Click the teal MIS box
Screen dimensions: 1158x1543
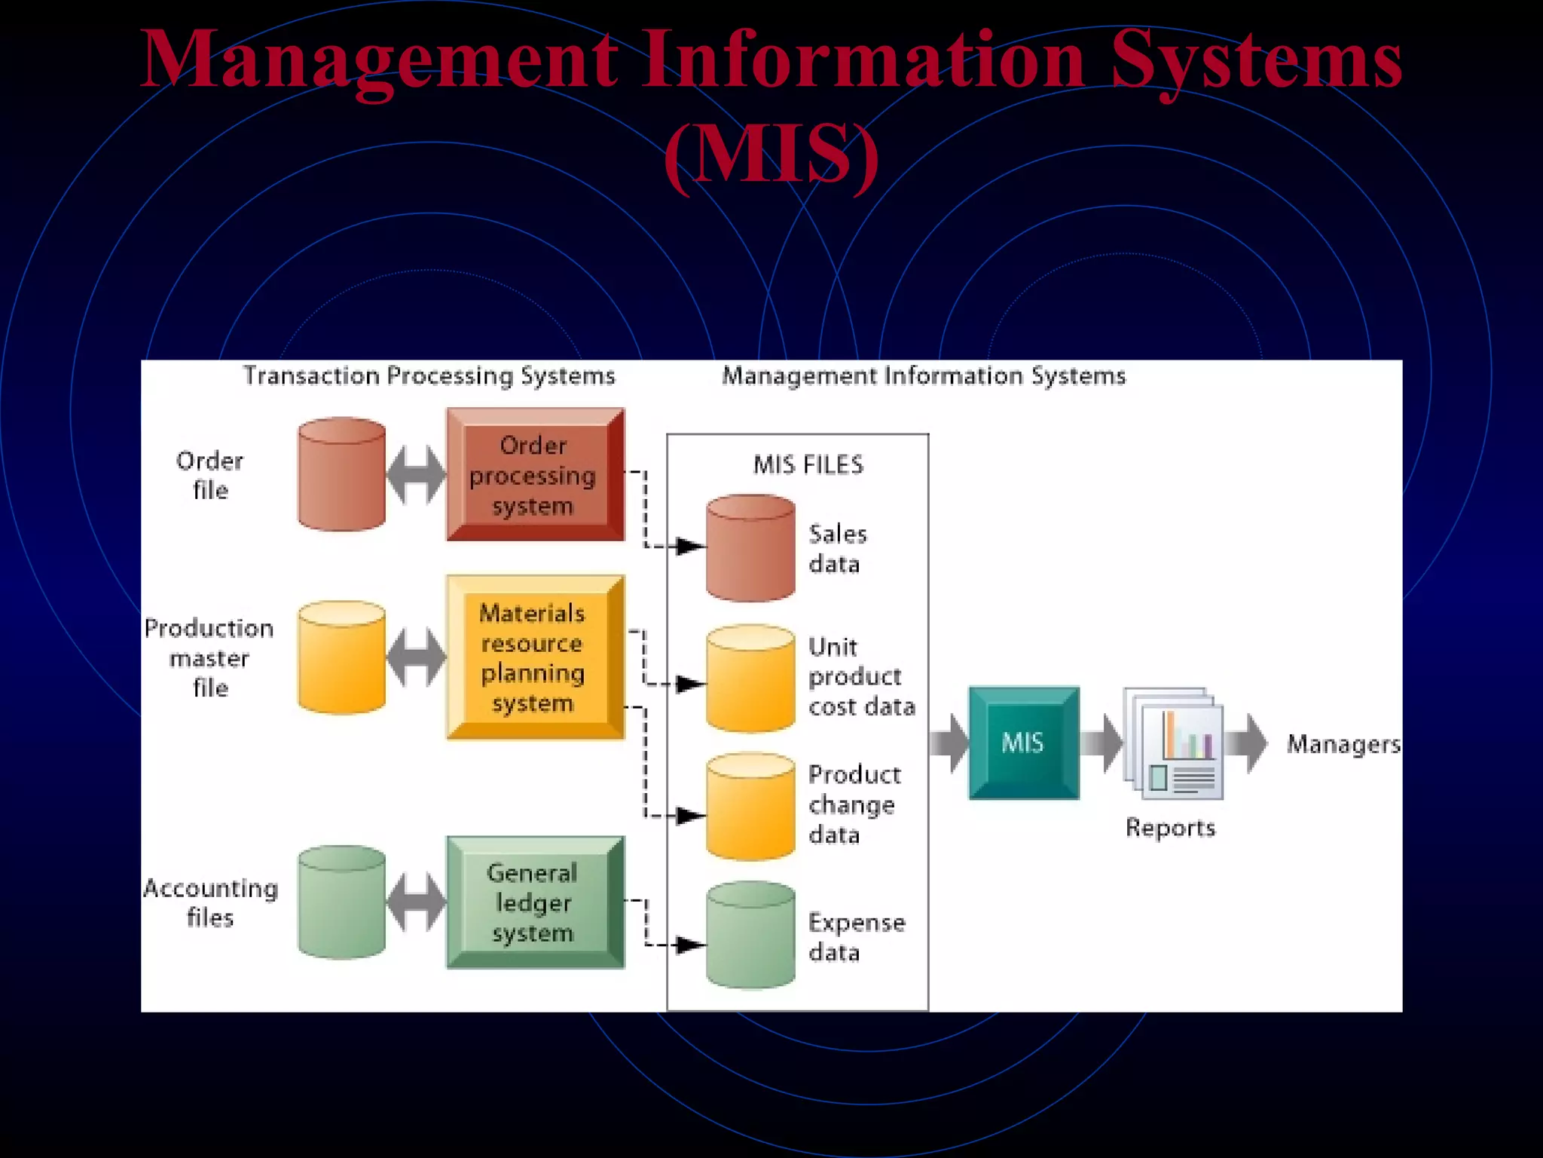[x=1023, y=743]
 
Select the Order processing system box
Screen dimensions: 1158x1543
[x=534, y=475]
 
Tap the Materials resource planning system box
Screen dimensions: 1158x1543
[x=534, y=657]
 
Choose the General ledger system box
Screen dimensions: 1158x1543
[x=534, y=902]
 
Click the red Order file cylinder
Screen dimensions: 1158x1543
[x=341, y=475]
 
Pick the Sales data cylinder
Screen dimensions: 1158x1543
[x=750, y=549]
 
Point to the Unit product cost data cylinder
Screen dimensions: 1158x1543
[x=750, y=679]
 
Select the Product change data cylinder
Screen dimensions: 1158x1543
[x=750, y=807]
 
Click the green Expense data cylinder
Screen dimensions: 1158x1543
[x=750, y=936]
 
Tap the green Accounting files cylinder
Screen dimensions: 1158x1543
[x=341, y=902]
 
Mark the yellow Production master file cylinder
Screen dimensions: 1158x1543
[x=341, y=657]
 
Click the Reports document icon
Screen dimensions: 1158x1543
[x=1172, y=743]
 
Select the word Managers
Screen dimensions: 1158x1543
[x=1343, y=744]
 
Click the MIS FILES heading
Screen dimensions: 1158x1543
[x=808, y=464]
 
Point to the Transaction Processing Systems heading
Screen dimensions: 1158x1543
[x=429, y=375]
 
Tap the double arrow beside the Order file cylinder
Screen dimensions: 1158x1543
[x=416, y=475]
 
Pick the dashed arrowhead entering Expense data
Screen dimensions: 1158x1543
[x=689, y=945]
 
